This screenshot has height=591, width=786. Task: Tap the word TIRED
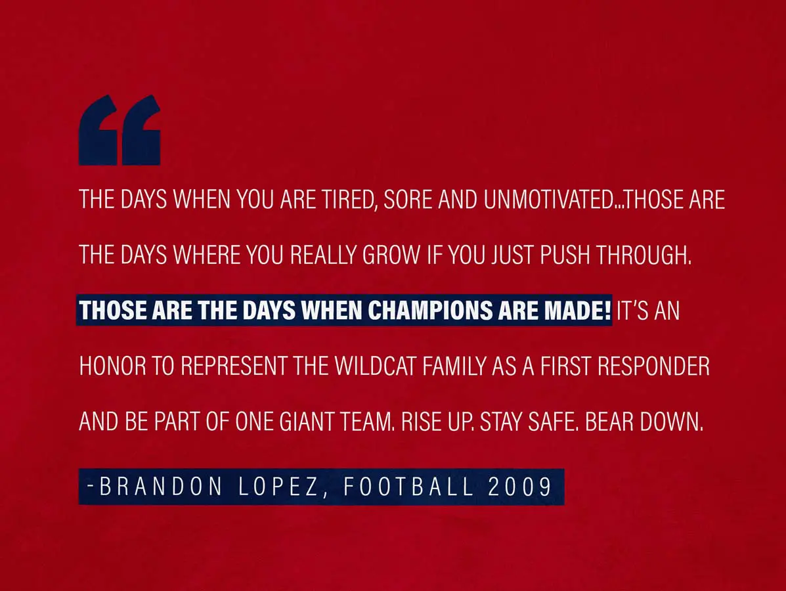(350, 200)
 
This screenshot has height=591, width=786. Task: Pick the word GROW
(391, 255)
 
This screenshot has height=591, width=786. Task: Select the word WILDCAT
(376, 366)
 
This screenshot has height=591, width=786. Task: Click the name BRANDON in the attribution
(161, 487)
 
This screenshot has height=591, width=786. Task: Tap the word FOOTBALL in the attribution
(408, 487)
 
